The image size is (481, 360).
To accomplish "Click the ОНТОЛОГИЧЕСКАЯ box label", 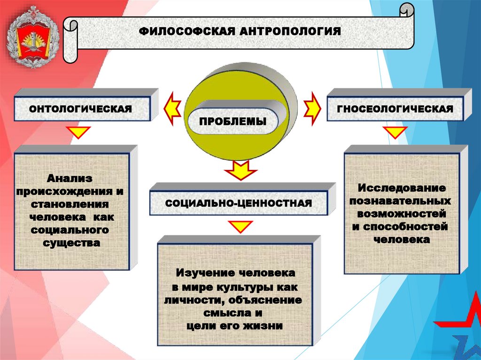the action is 80,109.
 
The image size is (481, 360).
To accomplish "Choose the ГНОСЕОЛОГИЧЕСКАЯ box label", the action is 395,109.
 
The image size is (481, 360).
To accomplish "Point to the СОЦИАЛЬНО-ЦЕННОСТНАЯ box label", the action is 239,203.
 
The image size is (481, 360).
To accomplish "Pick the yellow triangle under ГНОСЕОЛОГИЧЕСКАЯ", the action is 395,132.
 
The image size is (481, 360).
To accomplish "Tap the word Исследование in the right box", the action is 402,188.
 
